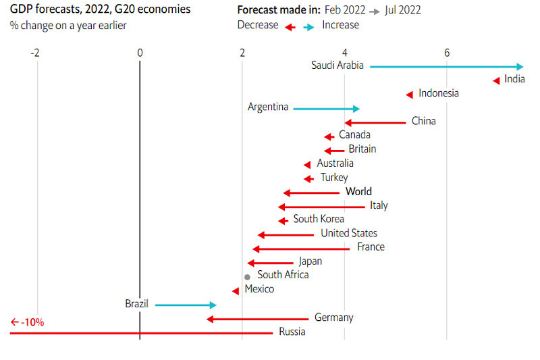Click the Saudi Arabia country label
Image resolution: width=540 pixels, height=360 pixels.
pyautogui.click(x=337, y=66)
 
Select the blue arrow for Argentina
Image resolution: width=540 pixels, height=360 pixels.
pyautogui.click(x=326, y=108)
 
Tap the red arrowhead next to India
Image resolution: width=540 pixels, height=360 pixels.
pyautogui.click(x=497, y=80)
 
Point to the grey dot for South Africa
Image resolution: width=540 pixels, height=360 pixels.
pyautogui.click(x=248, y=277)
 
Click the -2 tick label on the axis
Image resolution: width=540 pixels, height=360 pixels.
pyautogui.click(x=35, y=53)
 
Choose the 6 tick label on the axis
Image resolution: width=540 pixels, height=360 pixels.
pyautogui.click(x=447, y=53)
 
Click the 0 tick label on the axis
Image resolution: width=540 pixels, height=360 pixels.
pyautogui.click(x=140, y=53)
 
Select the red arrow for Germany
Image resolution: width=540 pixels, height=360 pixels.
pyautogui.click(x=257, y=319)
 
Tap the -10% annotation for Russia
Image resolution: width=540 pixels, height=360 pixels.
pyautogui.click(x=28, y=322)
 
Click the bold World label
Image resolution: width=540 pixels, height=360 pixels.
pyautogui.click(x=358, y=192)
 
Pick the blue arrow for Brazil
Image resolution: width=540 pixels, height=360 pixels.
pyautogui.click(x=186, y=305)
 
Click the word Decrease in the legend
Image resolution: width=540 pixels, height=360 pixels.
pyautogui.click(x=258, y=25)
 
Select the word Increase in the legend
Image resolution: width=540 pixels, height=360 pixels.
pyautogui.click(x=341, y=25)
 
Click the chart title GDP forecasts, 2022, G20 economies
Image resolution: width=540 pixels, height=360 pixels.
pyautogui.click(x=100, y=9)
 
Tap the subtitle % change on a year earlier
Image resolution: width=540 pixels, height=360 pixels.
pyautogui.click(x=68, y=25)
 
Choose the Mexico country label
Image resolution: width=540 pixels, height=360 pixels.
pyautogui.click(x=259, y=289)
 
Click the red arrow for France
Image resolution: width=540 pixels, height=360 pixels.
pyautogui.click(x=301, y=249)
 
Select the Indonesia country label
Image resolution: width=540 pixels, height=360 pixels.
pyautogui.click(x=439, y=93)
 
